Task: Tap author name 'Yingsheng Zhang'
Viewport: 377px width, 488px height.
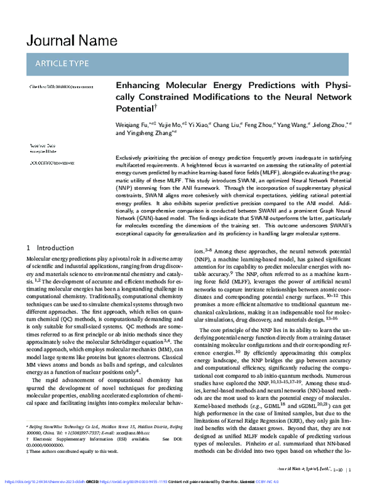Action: coord(152,133)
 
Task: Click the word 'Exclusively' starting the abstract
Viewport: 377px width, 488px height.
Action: coord(131,156)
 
